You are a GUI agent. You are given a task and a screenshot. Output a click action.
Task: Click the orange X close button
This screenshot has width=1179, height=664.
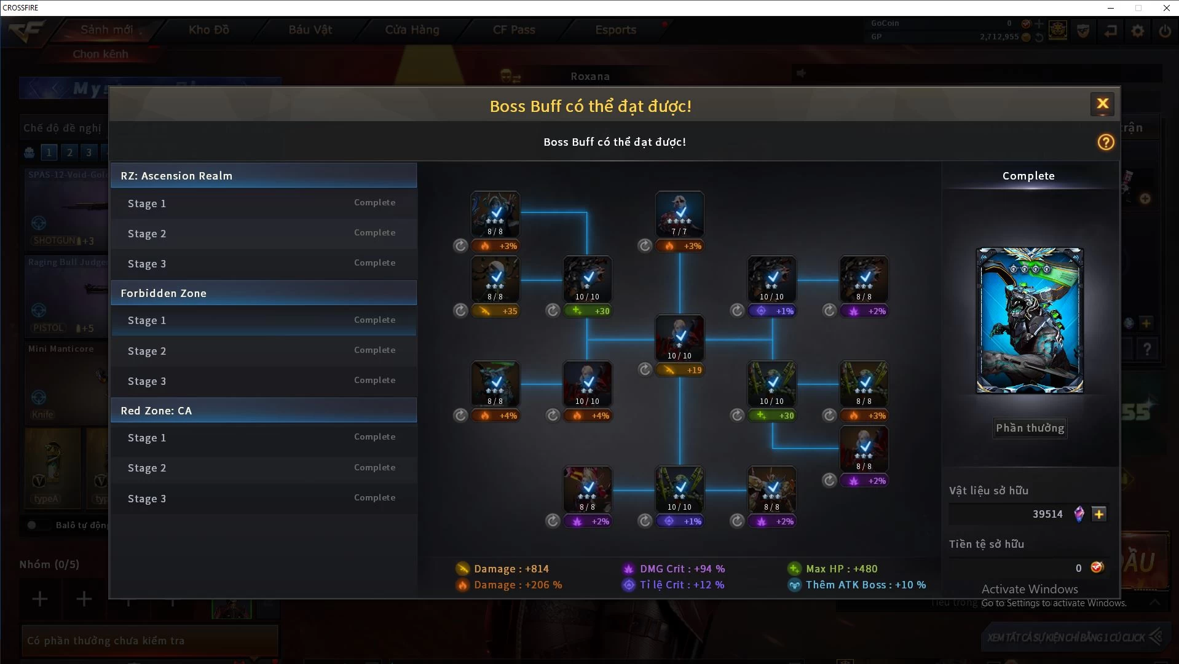[1102, 104]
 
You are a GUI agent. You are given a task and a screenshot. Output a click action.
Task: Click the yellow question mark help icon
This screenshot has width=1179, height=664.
[1105, 142]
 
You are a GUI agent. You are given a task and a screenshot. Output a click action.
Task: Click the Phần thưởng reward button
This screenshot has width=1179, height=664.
[1030, 428]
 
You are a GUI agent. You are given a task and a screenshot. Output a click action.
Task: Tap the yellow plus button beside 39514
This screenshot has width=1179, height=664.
[1099, 514]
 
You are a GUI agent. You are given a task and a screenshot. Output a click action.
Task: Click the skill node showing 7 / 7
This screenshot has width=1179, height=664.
[679, 214]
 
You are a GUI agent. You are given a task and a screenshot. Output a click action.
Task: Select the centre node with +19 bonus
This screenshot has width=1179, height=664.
[679, 338]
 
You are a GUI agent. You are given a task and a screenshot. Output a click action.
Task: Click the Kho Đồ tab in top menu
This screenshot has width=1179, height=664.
[209, 30]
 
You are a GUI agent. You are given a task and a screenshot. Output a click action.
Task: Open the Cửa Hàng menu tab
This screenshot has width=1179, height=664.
[412, 30]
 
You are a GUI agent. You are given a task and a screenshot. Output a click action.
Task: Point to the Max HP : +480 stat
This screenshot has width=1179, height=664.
[841, 569]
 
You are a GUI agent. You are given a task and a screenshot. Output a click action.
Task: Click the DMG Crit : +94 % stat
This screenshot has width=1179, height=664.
[682, 569]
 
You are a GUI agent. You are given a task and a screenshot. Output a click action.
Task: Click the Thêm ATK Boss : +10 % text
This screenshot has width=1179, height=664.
[865, 585]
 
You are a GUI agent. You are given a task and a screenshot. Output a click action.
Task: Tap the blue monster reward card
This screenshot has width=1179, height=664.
[1030, 320]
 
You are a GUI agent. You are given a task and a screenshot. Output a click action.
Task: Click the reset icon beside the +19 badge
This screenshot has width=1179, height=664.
[645, 370]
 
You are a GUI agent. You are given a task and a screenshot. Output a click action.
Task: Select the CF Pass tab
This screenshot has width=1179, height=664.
[514, 30]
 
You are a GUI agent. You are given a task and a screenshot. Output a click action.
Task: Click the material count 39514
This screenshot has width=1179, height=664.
[1047, 514]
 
